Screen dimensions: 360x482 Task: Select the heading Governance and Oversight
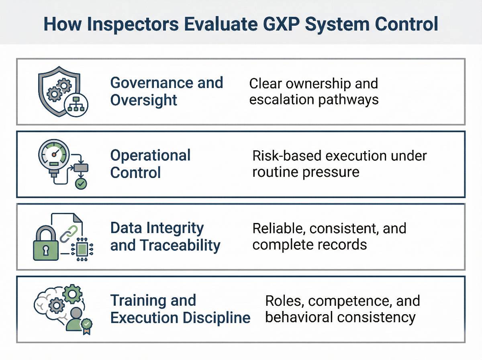tap(166, 91)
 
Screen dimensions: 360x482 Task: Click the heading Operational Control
tap(150, 164)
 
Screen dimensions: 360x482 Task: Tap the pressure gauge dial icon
tap(54, 154)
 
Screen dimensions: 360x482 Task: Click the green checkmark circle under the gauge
tap(81, 184)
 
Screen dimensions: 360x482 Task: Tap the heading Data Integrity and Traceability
tap(165, 237)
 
